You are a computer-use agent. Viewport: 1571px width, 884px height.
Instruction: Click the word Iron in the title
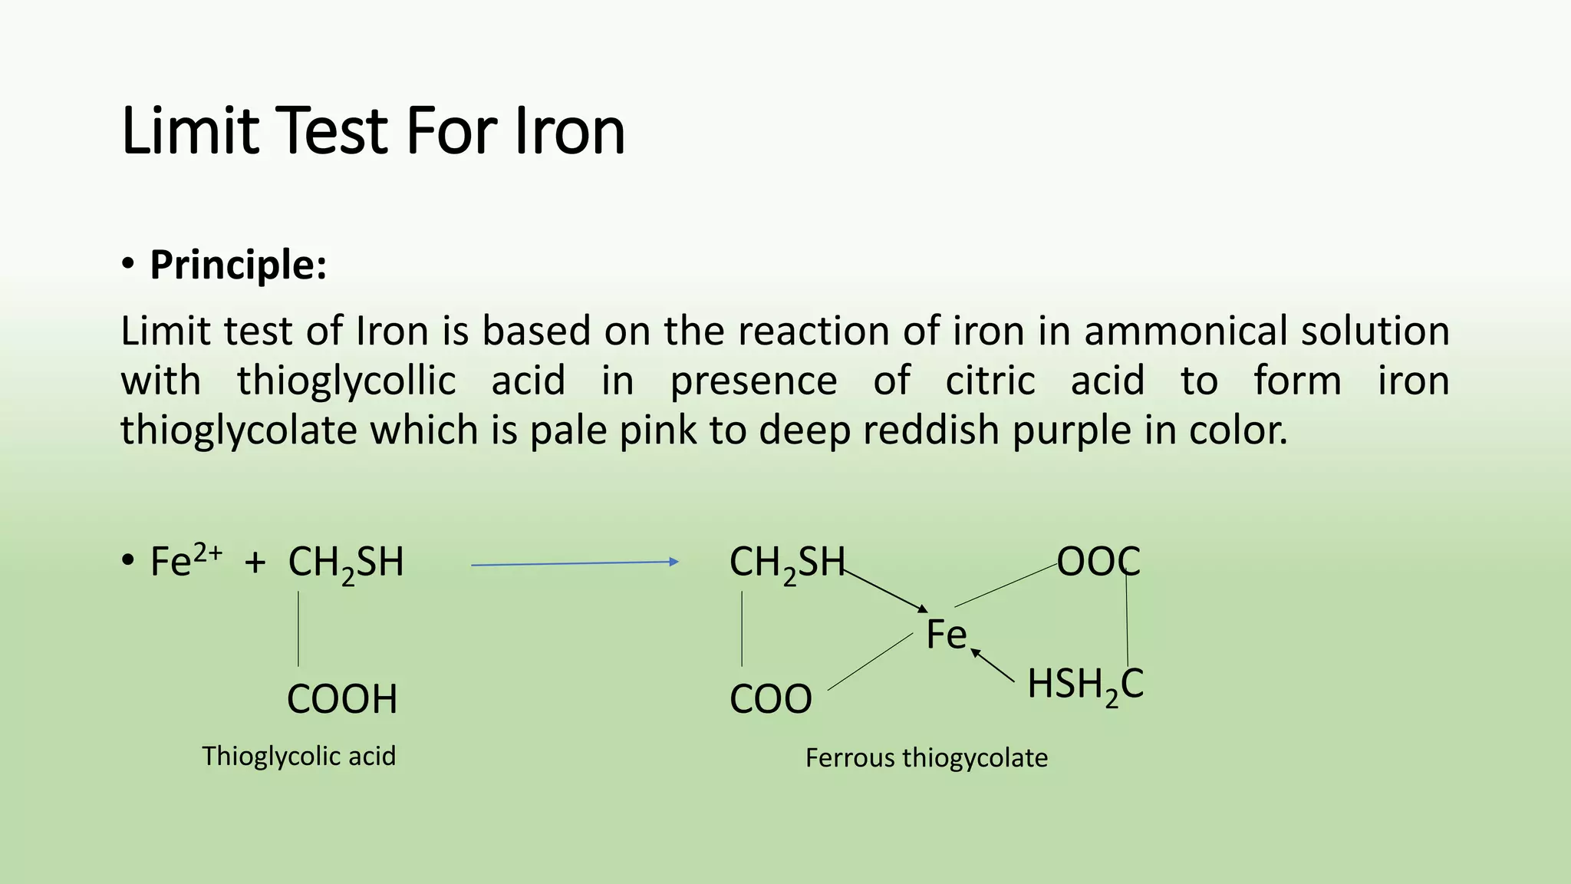569,131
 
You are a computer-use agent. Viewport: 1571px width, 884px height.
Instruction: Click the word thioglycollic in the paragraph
346,381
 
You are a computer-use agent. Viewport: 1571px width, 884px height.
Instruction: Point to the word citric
990,381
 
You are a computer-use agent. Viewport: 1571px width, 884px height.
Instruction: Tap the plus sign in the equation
255,563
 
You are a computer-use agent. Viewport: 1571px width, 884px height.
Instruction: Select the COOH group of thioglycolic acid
342,699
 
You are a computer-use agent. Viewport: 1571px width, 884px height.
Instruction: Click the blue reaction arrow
575,563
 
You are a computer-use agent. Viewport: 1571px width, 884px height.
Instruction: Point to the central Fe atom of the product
946,635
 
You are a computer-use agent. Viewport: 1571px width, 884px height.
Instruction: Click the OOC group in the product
1098,562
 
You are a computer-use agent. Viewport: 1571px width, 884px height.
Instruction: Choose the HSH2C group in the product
1085,684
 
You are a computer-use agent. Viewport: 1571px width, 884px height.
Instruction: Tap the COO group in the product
770,699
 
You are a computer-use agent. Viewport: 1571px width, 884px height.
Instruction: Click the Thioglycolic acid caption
298,756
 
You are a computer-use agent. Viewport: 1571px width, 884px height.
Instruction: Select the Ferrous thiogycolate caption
926,758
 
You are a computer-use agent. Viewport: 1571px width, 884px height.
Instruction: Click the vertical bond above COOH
298,628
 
